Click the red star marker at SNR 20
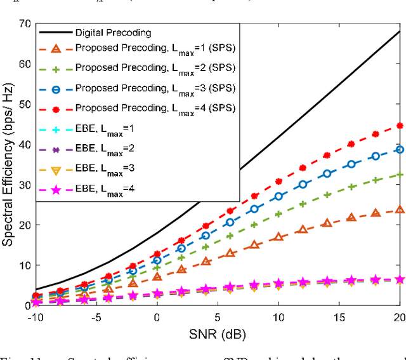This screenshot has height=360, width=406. pyautogui.click(x=400, y=126)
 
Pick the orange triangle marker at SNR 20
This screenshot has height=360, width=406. pyautogui.click(x=400, y=210)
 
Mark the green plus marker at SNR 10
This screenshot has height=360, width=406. pyautogui.click(x=278, y=215)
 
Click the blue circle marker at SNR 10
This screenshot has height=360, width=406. pyautogui.click(x=278, y=197)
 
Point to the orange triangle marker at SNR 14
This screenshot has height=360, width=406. pyautogui.click(x=327, y=223)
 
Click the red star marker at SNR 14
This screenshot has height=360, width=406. pyautogui.click(x=327, y=156)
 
